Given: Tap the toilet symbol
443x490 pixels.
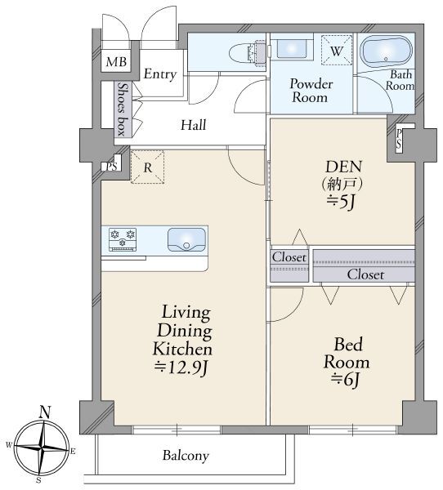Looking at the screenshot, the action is click(247, 53).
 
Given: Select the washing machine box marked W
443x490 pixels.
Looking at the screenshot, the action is click(336, 50).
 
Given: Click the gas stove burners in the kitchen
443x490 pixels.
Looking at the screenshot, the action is click(123, 239).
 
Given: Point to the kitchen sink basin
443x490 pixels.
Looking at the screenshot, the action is click(187, 239).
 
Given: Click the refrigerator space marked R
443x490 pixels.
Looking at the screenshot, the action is click(147, 167).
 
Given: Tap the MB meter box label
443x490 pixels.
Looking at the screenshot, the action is click(116, 62).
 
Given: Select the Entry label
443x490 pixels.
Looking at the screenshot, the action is click(160, 74).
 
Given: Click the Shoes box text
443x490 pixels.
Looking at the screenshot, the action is click(123, 109).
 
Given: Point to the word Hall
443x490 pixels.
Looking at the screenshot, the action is click(194, 125).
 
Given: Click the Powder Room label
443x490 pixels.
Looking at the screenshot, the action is click(311, 91).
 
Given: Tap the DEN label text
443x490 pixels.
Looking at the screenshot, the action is click(343, 167).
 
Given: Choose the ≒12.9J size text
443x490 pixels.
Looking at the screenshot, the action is click(181, 367).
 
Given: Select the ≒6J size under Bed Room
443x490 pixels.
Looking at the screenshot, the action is click(345, 381).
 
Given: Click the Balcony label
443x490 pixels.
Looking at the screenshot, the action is click(186, 456).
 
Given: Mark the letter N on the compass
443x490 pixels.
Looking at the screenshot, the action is click(45, 412).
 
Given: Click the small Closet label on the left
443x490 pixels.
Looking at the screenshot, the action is click(289, 257).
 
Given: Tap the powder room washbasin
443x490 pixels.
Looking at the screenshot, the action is click(292, 49).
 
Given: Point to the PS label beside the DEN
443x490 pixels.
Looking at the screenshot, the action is click(399, 139).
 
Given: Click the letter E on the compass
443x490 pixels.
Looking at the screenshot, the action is click(73, 451).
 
